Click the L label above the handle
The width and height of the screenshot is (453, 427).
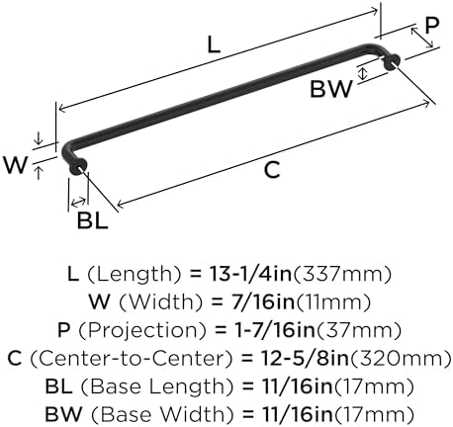coord(214,44)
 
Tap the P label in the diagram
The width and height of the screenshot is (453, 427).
coord(432,26)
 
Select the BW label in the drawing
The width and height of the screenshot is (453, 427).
coord(331,89)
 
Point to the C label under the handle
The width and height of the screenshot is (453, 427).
coord(272,170)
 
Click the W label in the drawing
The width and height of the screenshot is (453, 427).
coord(15,165)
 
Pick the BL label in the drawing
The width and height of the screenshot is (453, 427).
coord(93,220)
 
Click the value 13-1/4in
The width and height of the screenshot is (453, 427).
coord(250,274)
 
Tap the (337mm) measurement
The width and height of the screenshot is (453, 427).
coord(342,274)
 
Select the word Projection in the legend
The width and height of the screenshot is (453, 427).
coord(142,330)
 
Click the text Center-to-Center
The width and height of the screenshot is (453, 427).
coord(132,358)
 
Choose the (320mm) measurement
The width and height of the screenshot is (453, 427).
coord(401,359)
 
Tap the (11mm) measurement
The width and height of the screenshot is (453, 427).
coord(333,302)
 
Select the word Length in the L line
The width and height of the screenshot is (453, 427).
coord(135,274)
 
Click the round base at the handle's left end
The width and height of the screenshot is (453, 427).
coord(78,167)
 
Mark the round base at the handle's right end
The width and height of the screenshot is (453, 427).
coord(393,62)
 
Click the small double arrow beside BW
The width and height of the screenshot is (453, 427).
coord(363,73)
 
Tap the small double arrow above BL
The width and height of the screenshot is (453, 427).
coord(78,202)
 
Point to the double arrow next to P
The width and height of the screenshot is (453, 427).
coord(422,38)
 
